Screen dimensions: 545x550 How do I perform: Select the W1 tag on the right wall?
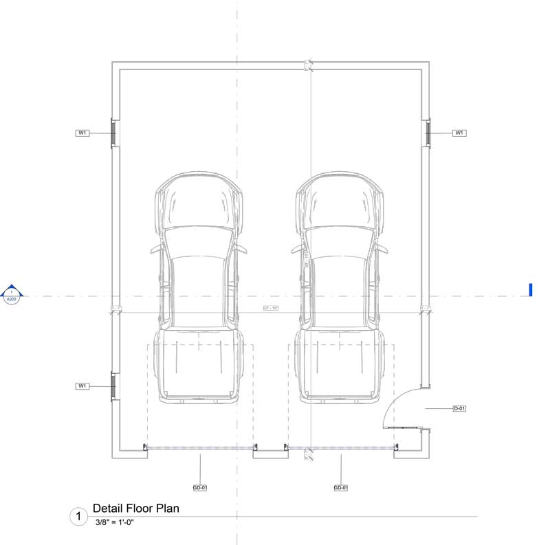459,133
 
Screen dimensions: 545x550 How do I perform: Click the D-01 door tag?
459,409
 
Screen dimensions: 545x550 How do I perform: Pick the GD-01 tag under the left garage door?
200,488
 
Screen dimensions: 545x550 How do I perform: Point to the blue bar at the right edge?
531,290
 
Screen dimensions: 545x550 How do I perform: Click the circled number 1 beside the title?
78,516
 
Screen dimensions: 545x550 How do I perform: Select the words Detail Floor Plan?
136,509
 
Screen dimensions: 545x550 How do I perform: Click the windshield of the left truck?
198,245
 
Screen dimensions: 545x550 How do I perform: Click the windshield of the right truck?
340,245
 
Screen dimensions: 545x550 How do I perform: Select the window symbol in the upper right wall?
426,133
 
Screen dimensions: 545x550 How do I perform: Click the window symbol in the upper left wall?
113,133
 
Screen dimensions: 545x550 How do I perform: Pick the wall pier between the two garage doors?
269,453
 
